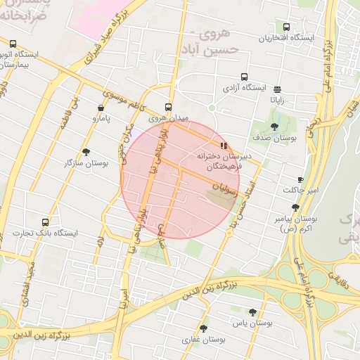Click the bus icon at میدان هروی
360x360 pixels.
tap(168, 108)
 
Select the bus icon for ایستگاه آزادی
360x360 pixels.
tap(244, 77)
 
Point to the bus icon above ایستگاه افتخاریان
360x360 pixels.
tap(286, 26)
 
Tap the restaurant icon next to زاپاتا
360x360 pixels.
tap(278, 89)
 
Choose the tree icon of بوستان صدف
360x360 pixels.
tap(274, 127)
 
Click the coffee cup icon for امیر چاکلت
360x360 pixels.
tap(301, 180)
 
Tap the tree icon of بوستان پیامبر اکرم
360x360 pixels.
tap(295, 207)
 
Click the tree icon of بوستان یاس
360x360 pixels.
tap(252, 312)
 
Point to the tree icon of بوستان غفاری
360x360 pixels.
tap(204, 328)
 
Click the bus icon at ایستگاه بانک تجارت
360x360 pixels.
tap(46, 221)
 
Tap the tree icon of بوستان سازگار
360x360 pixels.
tap(86, 152)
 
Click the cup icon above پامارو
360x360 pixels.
tap(102, 108)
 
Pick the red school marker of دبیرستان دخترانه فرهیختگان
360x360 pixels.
tap(224, 146)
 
